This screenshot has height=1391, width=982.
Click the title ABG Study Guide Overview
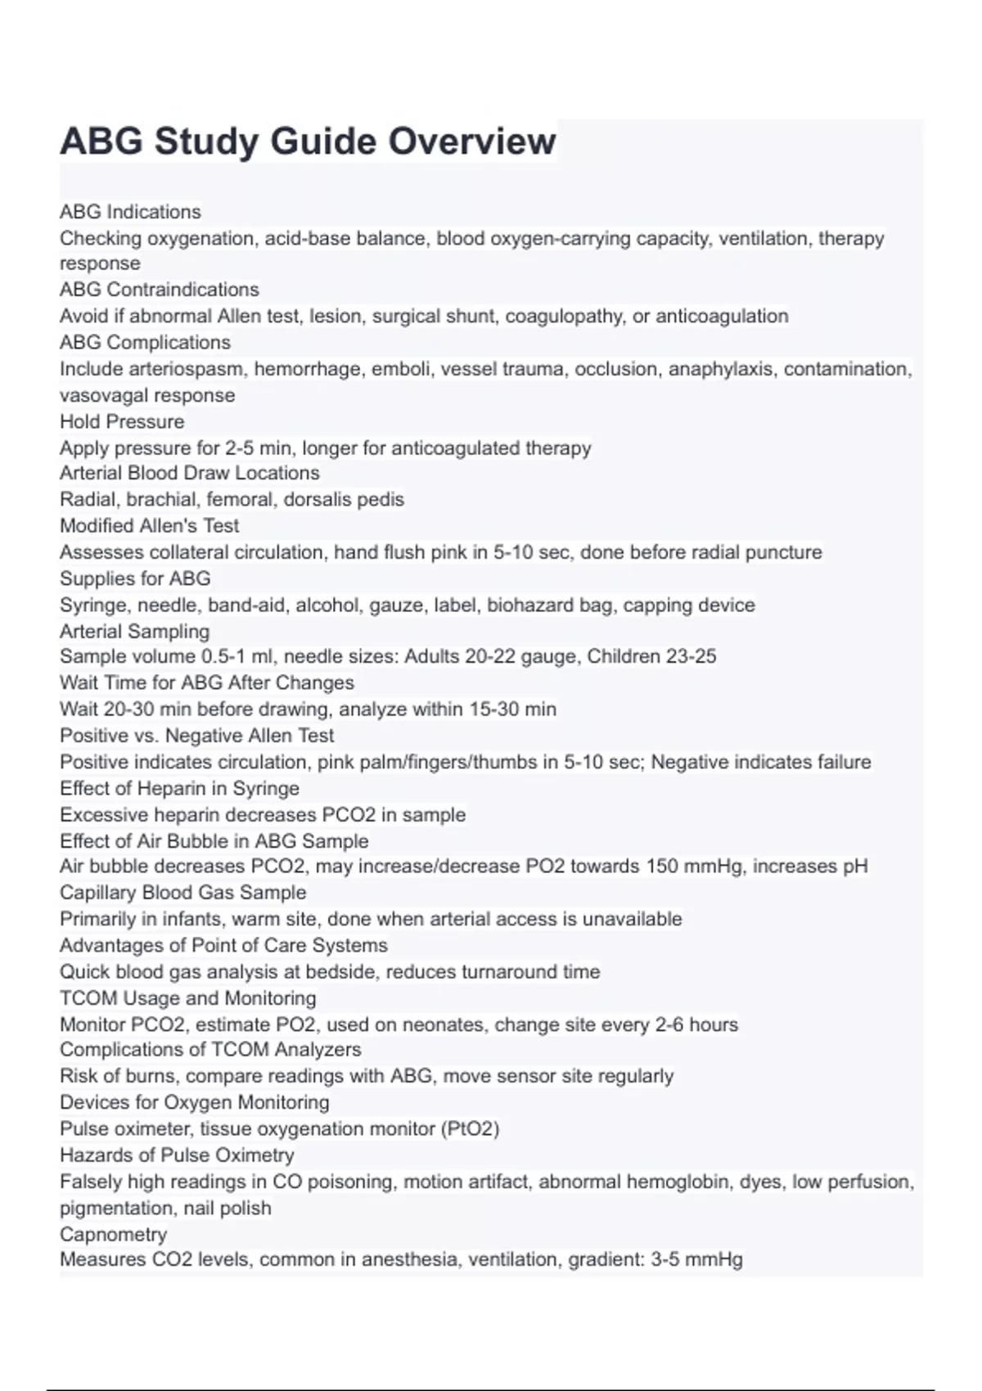click(x=308, y=141)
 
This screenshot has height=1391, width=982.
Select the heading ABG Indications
click(x=130, y=212)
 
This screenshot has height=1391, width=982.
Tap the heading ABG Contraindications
click(x=159, y=290)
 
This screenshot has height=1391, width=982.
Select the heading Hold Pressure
click(x=122, y=421)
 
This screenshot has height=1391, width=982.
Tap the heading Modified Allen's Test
click(x=150, y=525)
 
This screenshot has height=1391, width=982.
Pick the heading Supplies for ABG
click(x=135, y=578)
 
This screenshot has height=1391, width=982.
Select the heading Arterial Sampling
click(x=134, y=631)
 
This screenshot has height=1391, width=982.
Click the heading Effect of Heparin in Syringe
click(x=179, y=788)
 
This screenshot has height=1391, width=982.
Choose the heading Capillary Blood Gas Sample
click(x=182, y=892)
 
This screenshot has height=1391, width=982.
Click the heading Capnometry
click(x=113, y=1234)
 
